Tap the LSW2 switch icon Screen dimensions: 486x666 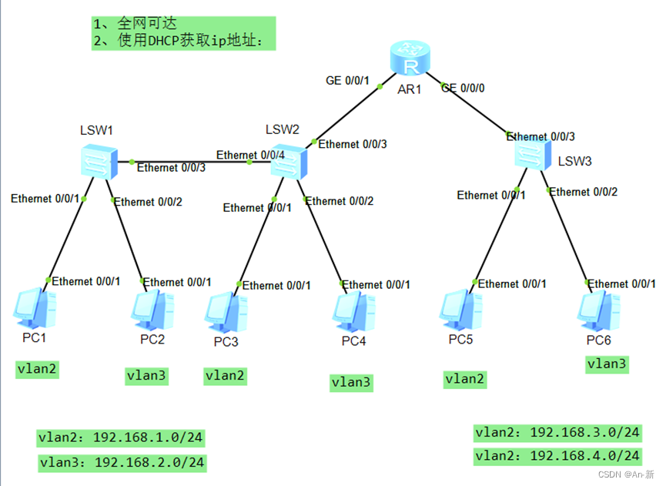click(289, 161)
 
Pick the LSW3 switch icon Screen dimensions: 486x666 click(535, 155)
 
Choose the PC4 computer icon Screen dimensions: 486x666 click(354, 310)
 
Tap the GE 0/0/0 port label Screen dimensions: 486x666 click(463, 88)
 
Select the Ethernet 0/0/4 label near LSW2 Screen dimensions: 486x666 click(250, 155)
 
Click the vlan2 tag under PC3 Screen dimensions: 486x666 click(225, 376)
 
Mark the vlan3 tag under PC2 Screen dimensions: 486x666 click(147, 376)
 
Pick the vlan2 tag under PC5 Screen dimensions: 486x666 click(465, 378)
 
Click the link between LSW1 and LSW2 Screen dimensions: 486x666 click(192, 162)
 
